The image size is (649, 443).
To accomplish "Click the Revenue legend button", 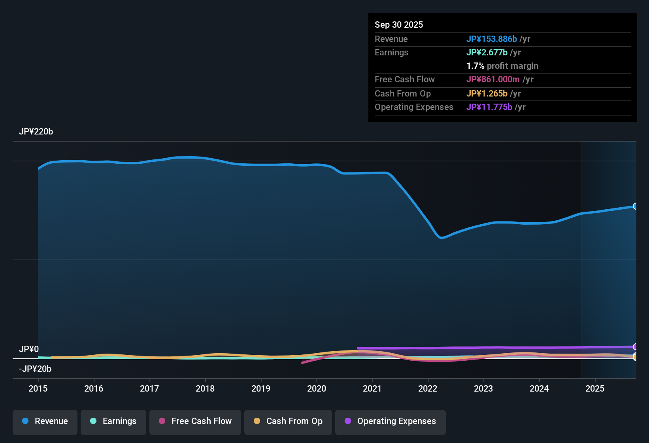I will tap(45, 421).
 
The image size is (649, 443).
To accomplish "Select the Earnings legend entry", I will tap(113, 421).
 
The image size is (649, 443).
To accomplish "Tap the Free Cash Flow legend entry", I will tap(195, 421).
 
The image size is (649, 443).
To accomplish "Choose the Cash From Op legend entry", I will tap(288, 421).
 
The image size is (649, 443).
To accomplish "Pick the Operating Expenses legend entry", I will tap(390, 421).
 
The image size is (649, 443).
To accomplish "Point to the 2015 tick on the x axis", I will tap(38, 388).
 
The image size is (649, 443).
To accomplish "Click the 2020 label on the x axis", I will tap(317, 388).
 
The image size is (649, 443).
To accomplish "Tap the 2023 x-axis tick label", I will tap(483, 388).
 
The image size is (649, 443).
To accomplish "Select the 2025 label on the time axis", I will tap(595, 388).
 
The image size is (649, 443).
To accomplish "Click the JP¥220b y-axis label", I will tap(36, 132).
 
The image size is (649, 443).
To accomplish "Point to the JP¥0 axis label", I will tap(29, 349).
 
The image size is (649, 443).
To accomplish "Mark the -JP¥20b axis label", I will tap(35, 369).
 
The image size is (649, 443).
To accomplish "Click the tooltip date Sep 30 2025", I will tap(399, 25).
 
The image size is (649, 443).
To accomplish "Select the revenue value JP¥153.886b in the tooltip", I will tap(491, 39).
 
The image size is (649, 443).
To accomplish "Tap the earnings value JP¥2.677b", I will tap(487, 53).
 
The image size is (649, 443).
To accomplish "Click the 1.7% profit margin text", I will tap(502, 66).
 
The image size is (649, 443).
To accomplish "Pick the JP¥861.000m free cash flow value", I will tap(493, 80).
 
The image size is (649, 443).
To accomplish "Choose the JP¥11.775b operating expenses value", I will tap(489, 107).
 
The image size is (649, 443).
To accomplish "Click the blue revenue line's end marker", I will tap(635, 206).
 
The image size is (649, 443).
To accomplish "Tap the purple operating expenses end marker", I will tap(635, 347).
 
